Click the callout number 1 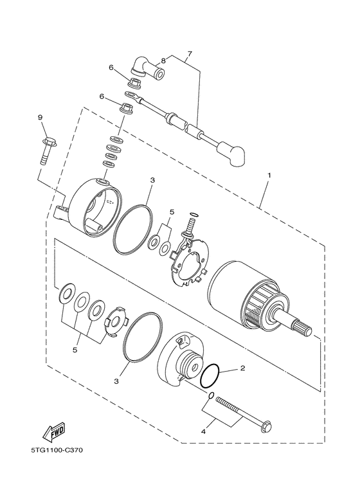pos(269,175)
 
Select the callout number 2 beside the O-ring pos(242,369)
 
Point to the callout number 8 pos(163,61)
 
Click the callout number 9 pos(39,118)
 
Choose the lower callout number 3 pos(116,381)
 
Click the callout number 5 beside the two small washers pos(172,212)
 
